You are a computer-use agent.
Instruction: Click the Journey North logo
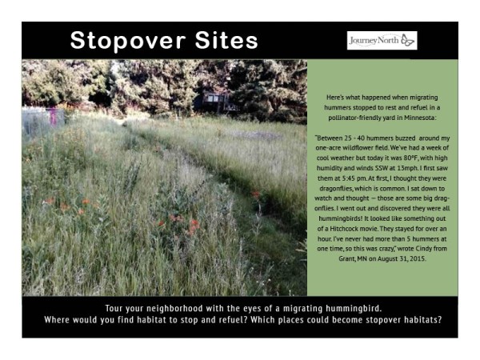pos(382,40)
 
